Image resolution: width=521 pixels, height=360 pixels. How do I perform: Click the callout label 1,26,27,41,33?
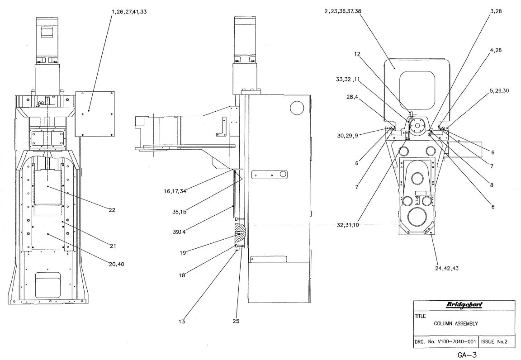point(123,11)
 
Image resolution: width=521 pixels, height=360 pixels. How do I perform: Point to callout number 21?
point(113,246)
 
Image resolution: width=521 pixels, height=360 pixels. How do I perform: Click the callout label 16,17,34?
point(175,191)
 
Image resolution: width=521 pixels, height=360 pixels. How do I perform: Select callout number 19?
point(183,253)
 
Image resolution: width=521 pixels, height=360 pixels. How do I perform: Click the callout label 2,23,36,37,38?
point(343,11)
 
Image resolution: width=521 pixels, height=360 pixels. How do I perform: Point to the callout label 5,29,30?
point(499,90)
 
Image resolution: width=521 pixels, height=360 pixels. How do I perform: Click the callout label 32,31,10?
point(348,225)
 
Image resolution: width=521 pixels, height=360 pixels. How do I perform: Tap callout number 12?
point(357,54)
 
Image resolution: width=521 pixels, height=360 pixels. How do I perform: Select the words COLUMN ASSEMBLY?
point(456,323)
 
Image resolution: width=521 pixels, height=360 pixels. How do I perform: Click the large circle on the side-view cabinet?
point(297,107)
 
